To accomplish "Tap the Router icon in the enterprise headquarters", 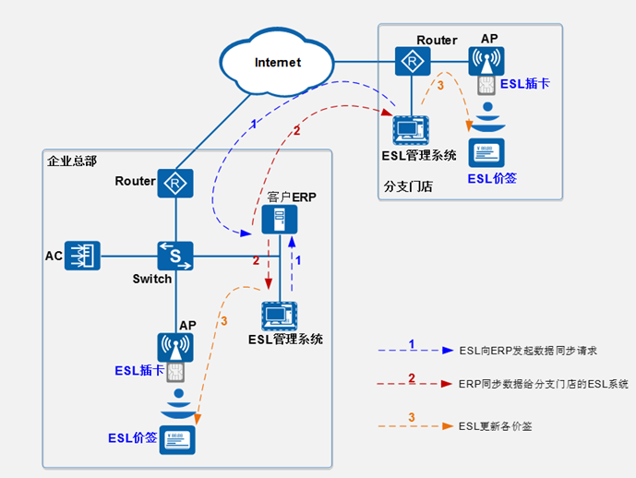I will pyautogui.click(x=174, y=184).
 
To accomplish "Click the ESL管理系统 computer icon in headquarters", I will pyautogui.click(x=280, y=316).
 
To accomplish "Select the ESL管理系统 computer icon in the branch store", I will pyautogui.click(x=408, y=129).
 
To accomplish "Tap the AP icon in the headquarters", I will pyautogui.click(x=174, y=347).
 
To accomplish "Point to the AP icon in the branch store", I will pyautogui.click(x=487, y=61).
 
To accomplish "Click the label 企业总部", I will pyautogui.click(x=72, y=161).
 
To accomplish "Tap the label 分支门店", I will pyautogui.click(x=408, y=185).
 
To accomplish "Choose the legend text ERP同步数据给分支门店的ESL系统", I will pyautogui.click(x=543, y=383).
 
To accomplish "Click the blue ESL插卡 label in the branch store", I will pyautogui.click(x=525, y=83).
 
